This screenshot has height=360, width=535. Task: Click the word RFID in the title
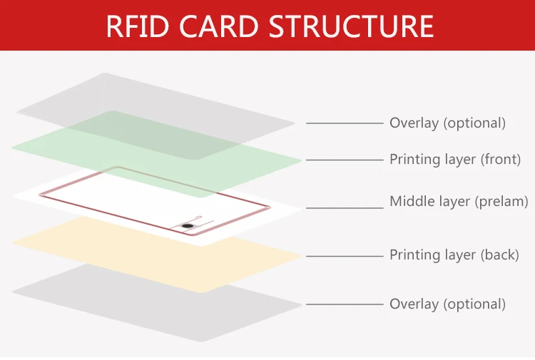[x=138, y=26]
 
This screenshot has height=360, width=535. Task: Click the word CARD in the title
[x=219, y=26]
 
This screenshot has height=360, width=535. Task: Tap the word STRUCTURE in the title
[x=352, y=26]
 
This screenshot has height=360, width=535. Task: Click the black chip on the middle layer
[x=187, y=226]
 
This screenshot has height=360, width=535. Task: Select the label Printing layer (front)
[x=455, y=160]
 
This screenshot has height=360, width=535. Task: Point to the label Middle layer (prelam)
[x=459, y=202]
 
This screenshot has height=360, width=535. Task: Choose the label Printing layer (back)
[x=454, y=255]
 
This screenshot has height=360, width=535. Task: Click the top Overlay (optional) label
[x=448, y=123]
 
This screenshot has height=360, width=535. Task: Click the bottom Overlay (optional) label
[x=448, y=304]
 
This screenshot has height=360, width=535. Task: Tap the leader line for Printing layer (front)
[x=345, y=160]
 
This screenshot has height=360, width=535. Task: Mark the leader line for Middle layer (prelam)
[x=345, y=207]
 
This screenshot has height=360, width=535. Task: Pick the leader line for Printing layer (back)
[x=345, y=256]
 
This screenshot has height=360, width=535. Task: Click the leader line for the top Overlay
[x=345, y=123]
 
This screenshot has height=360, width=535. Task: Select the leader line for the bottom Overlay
[x=345, y=304]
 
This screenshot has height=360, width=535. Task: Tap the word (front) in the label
[x=501, y=160]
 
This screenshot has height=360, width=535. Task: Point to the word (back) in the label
[x=499, y=255]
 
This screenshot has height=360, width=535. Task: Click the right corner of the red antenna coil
[x=270, y=207]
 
